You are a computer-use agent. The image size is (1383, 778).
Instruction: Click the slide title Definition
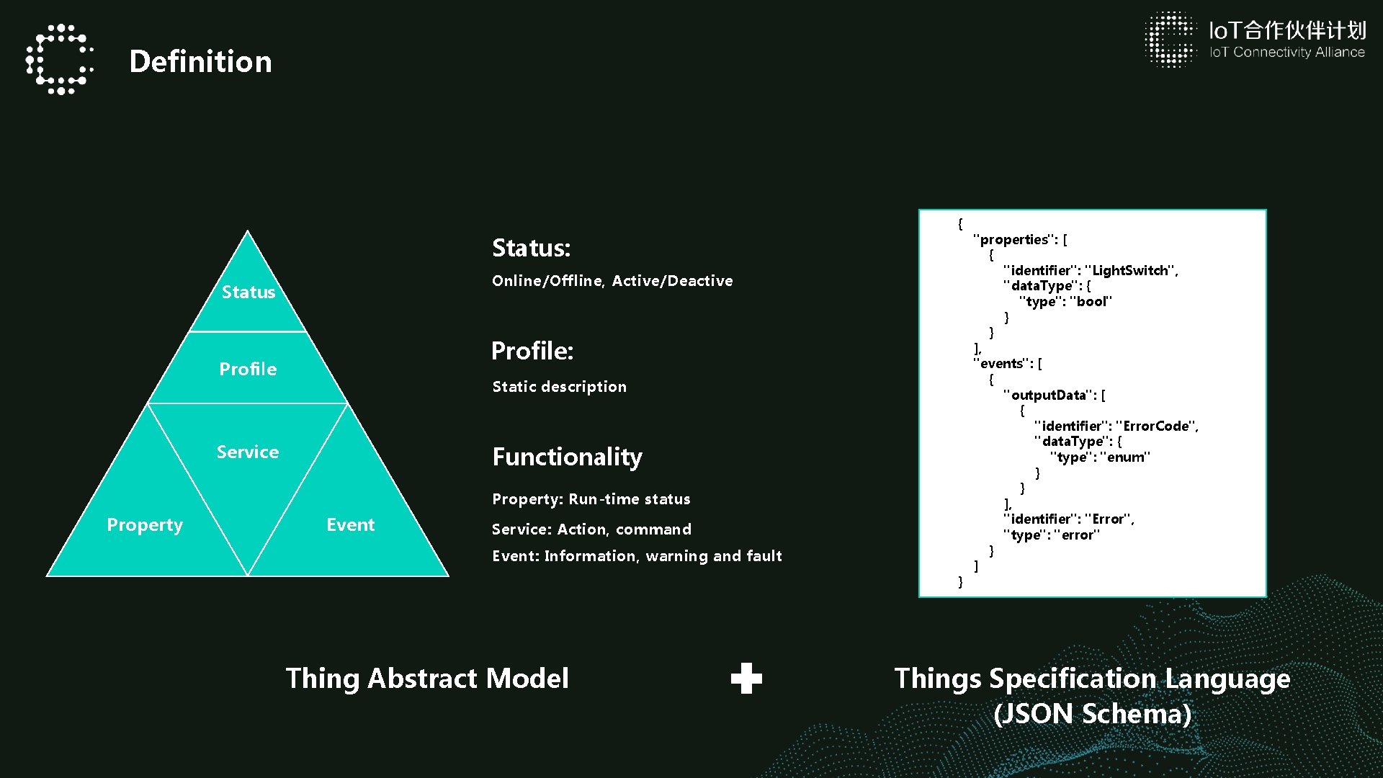(200, 62)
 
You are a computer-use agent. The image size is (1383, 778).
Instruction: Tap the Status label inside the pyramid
(249, 292)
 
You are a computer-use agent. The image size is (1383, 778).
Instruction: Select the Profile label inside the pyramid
(248, 369)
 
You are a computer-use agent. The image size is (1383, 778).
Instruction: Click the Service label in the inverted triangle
(248, 452)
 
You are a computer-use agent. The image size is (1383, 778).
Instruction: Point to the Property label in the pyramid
(145, 524)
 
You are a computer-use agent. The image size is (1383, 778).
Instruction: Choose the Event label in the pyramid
(351, 524)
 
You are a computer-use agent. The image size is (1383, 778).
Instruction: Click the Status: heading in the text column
(532, 248)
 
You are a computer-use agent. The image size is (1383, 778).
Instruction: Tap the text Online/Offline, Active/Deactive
(612, 281)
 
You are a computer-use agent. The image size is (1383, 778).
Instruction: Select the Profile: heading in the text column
(532, 351)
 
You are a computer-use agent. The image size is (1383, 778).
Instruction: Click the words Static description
(560, 387)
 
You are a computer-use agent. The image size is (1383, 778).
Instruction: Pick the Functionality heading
(568, 457)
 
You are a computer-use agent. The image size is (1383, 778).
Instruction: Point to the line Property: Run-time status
(591, 499)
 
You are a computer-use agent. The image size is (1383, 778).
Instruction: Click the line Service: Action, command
(591, 529)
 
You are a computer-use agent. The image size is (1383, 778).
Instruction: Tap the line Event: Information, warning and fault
(637, 556)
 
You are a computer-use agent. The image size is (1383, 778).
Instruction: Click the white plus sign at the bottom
(746, 679)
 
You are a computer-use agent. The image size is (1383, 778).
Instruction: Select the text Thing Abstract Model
(427, 679)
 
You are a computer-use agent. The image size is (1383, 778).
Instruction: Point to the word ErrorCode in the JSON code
(1156, 426)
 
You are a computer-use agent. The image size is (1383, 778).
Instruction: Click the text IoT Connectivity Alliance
(1287, 53)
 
